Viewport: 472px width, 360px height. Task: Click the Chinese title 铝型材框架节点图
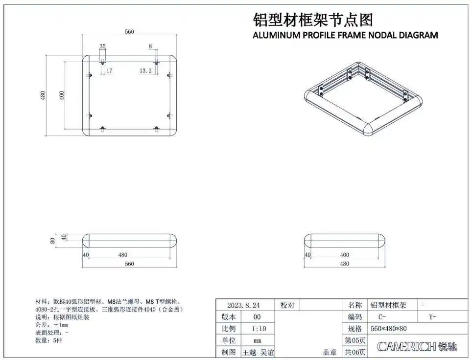tap(313, 20)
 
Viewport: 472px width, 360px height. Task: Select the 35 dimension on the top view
tap(102, 46)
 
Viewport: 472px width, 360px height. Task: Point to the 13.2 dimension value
tap(146, 71)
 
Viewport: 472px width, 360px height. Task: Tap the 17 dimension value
tap(109, 71)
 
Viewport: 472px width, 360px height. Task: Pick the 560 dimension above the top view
tap(129, 32)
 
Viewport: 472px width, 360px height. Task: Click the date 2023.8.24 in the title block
tap(243, 305)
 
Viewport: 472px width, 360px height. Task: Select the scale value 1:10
tap(257, 329)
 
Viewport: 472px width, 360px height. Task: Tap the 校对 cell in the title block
tap(287, 305)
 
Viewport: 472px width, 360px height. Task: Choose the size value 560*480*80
tap(389, 329)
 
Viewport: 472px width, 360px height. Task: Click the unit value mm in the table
tap(257, 340)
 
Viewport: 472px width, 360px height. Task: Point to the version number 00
tap(257, 317)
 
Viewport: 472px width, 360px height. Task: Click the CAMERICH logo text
tap(406, 346)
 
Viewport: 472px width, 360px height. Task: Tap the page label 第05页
tap(355, 340)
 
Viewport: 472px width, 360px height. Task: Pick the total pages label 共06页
tap(355, 352)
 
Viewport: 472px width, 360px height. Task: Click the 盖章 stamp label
tap(330, 352)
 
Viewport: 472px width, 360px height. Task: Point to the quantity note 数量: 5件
tap(48, 340)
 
